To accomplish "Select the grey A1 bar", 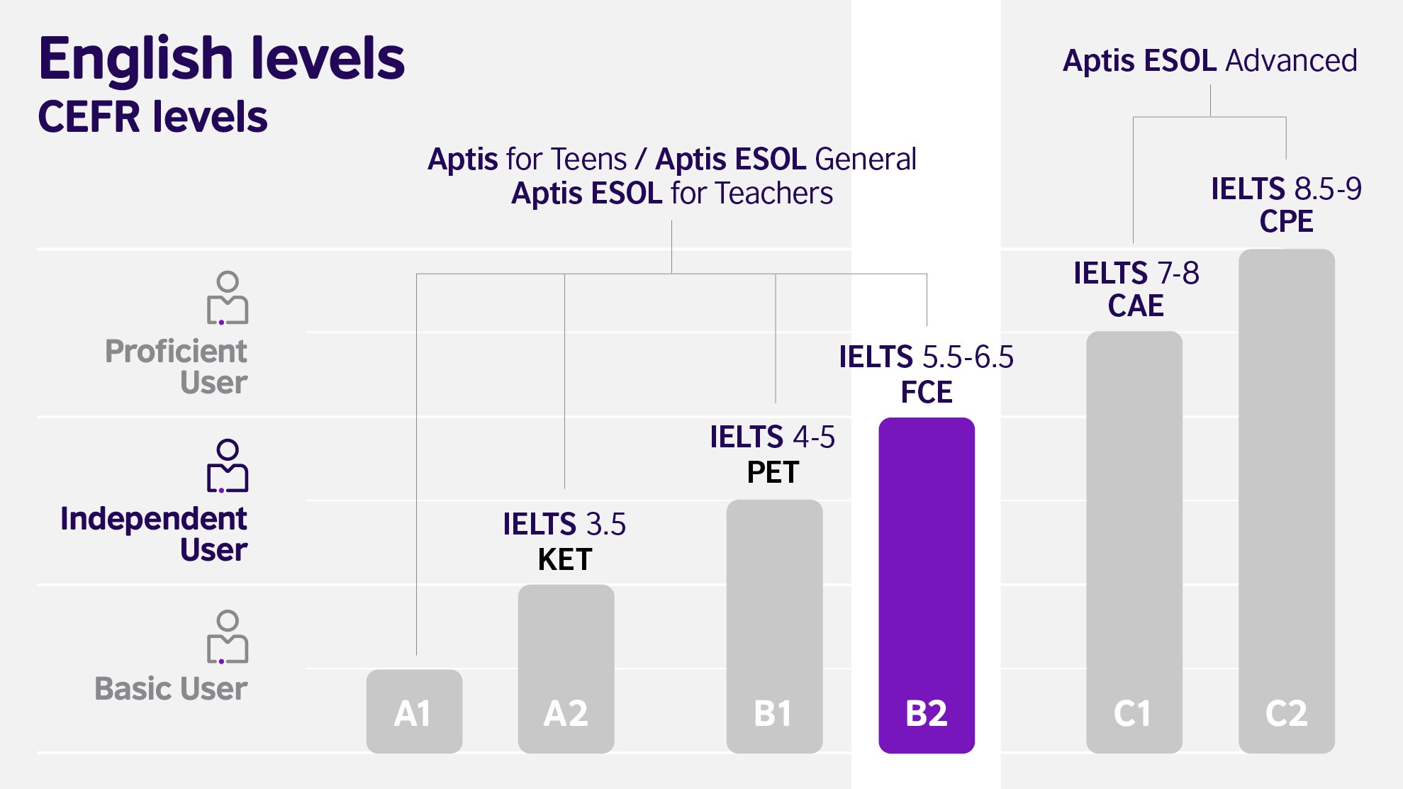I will click(x=414, y=711).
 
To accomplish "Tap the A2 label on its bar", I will click(x=566, y=713).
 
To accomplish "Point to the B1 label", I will click(x=773, y=713).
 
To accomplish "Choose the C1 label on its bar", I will click(x=1133, y=713).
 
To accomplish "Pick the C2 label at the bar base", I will click(x=1286, y=713).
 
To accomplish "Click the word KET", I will click(x=565, y=560).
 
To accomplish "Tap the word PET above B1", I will click(x=773, y=472).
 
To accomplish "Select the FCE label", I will click(x=927, y=392).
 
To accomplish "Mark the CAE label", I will click(x=1136, y=306).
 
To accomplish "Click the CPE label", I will click(x=1286, y=221).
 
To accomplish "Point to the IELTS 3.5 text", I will click(x=564, y=525).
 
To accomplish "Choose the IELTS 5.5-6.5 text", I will click(x=926, y=357).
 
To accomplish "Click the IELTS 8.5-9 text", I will click(x=1286, y=189).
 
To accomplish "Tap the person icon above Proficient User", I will click(x=228, y=298).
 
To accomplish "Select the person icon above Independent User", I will click(x=228, y=466).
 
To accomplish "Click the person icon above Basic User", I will click(x=228, y=637).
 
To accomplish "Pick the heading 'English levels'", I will click(x=221, y=58).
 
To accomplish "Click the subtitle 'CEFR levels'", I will click(x=153, y=117).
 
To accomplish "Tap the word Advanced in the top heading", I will click(x=1291, y=61).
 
